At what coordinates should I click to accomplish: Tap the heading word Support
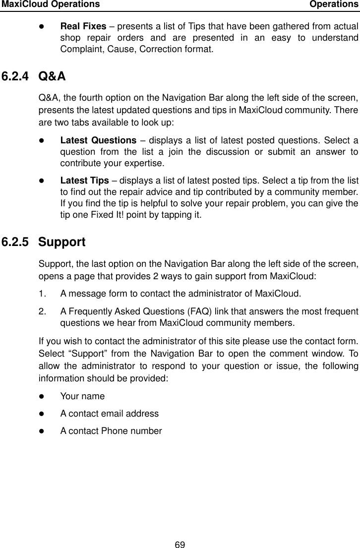point(61,242)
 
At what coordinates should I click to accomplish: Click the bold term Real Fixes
point(83,26)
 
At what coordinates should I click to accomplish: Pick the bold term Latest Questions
point(98,141)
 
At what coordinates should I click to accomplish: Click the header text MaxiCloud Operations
point(50,4)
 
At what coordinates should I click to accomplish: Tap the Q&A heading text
point(52,76)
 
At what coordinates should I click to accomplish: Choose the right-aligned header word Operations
point(334,4)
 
